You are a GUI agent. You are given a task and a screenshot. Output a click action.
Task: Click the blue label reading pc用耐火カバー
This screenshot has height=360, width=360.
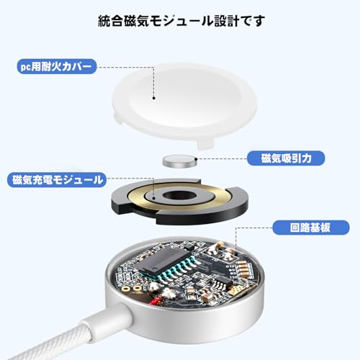pos(55,67)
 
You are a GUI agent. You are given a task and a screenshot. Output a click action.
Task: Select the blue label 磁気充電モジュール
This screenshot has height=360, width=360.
pos(58,179)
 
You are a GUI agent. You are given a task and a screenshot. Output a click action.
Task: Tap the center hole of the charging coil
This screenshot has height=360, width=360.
pos(176,196)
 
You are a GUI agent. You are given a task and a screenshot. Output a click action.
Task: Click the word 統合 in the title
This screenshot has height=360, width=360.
pos(109,21)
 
